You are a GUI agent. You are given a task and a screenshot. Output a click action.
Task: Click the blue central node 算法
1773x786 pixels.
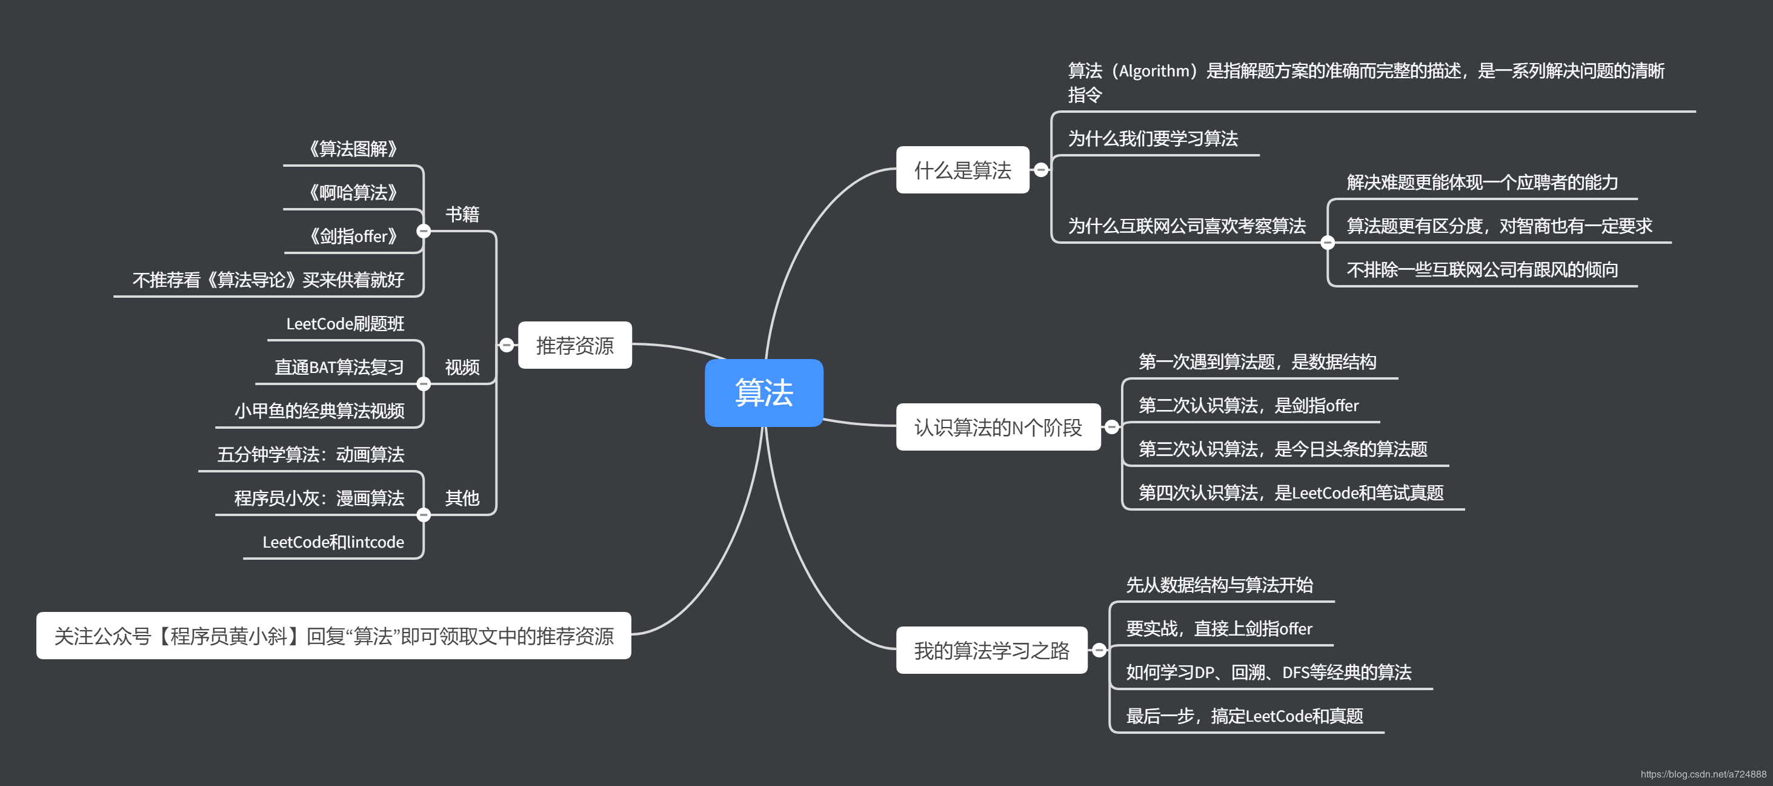pyautogui.click(x=763, y=392)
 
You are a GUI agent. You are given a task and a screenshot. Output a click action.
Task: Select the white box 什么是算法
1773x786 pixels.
pyautogui.click(x=962, y=170)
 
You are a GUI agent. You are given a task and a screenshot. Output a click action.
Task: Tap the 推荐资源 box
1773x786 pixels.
pyautogui.click(x=574, y=345)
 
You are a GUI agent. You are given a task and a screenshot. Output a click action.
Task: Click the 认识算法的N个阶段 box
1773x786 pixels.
pyautogui.click(x=997, y=427)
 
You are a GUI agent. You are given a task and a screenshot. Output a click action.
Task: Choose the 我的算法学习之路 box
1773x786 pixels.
pyautogui.click(x=991, y=650)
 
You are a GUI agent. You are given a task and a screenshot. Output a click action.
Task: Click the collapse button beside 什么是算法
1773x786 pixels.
pyautogui.click(x=1040, y=170)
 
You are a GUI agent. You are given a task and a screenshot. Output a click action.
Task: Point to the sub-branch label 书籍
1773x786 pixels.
pyautogui.click(x=462, y=214)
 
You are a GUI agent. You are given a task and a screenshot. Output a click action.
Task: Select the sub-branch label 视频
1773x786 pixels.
pyautogui.click(x=462, y=367)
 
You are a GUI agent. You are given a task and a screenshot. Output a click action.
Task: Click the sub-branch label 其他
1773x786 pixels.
pyautogui.click(x=462, y=498)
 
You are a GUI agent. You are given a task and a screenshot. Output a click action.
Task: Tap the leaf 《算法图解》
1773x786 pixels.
pyautogui.click(x=353, y=149)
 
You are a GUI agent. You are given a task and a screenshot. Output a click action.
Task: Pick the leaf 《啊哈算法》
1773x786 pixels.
pyautogui.click(x=353, y=193)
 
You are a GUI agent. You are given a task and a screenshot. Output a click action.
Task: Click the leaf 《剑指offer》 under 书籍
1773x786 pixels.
pyautogui.click(x=353, y=237)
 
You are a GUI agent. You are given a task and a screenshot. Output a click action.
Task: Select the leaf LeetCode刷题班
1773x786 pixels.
pyautogui.click(x=345, y=324)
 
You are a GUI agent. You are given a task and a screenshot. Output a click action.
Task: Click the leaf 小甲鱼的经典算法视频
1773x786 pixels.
pyautogui.click(x=319, y=411)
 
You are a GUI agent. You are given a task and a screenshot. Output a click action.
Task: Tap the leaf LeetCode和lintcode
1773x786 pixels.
pyautogui.click(x=333, y=542)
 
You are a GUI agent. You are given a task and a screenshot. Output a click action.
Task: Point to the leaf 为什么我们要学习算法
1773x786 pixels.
pyautogui.click(x=1153, y=139)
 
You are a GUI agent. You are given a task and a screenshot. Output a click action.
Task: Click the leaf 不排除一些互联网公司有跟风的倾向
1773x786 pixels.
pyautogui.click(x=1482, y=270)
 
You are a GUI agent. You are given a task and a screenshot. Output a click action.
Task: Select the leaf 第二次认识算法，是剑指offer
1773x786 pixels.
pyautogui.click(x=1248, y=406)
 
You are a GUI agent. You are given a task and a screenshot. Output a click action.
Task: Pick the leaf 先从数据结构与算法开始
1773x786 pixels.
pyautogui.click(x=1219, y=585)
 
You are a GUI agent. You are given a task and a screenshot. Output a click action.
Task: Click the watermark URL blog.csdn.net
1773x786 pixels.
pyautogui.click(x=1703, y=774)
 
